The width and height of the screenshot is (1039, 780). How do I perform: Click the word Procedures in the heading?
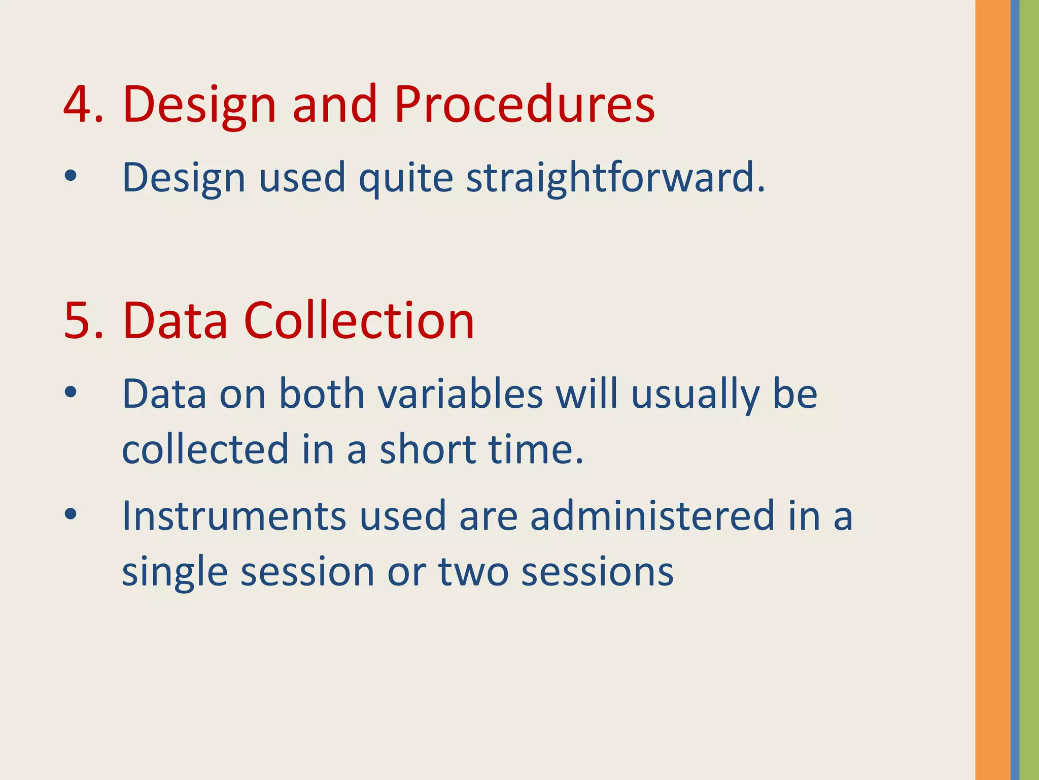pyautogui.click(x=524, y=104)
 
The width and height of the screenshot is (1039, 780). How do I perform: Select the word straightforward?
pyautogui.click(x=615, y=178)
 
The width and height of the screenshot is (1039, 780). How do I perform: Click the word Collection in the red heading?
pyautogui.click(x=359, y=321)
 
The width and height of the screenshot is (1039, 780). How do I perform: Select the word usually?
pyautogui.click(x=695, y=395)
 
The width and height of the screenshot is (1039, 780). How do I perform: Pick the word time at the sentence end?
pyautogui.click(x=531, y=449)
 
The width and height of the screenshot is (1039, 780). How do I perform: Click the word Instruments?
pyautogui.click(x=234, y=516)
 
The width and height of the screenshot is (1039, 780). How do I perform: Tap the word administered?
pyautogui.click(x=652, y=516)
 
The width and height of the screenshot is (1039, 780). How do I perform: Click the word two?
pyautogui.click(x=473, y=572)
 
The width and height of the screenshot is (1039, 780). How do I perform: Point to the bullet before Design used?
pyautogui.click(x=71, y=176)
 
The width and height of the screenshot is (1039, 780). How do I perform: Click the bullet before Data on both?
pyautogui.click(x=71, y=392)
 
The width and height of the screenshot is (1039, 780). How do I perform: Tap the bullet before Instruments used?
pyautogui.click(x=71, y=514)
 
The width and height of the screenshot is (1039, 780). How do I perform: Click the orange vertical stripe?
pyautogui.click(x=992, y=390)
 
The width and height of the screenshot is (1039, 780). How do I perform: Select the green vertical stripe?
pyautogui.click(x=1029, y=390)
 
